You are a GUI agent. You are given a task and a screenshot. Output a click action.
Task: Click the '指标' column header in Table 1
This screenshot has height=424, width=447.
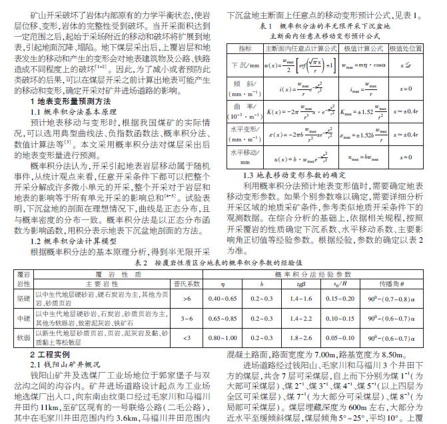244,49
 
